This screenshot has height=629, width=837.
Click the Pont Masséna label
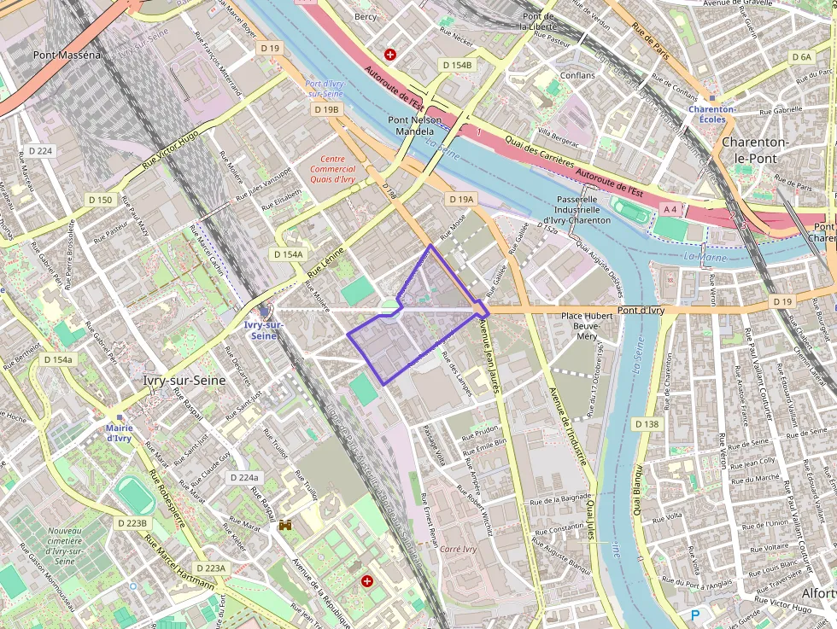67,55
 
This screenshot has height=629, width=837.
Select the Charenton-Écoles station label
712,114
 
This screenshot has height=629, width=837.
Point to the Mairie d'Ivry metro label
118,433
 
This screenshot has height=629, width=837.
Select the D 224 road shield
40,151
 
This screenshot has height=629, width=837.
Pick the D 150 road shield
100,200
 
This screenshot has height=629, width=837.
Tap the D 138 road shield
647,424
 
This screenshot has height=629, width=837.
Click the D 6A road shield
801,57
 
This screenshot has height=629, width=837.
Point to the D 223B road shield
132,523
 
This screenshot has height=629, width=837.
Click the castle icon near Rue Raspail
285,526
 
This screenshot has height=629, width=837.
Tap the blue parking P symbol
694,614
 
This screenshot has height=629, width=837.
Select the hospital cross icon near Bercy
390,55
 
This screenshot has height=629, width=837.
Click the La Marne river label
703,256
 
